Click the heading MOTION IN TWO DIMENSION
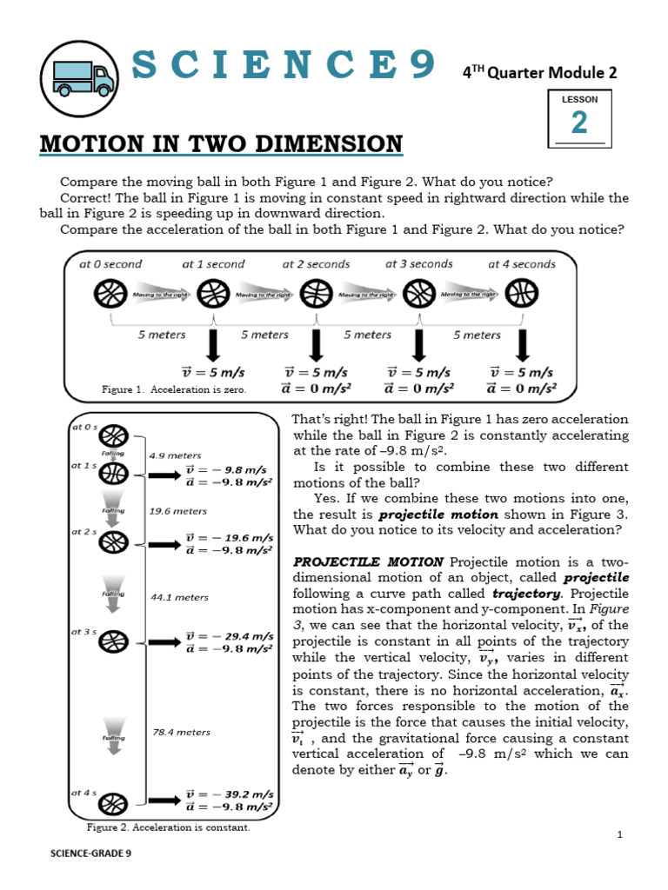pos(221,144)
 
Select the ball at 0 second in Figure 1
pos(110,294)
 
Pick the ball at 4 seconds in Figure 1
pos(521,294)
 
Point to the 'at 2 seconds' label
pos(316,264)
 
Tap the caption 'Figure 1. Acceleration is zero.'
pos(174,390)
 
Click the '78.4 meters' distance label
pos(181,732)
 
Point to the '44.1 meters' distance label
pos(179,597)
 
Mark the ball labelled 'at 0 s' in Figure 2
pos(119,435)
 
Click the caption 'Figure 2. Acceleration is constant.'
pos(169,827)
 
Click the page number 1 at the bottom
pos(620,835)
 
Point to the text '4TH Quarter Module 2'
pos(539,73)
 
